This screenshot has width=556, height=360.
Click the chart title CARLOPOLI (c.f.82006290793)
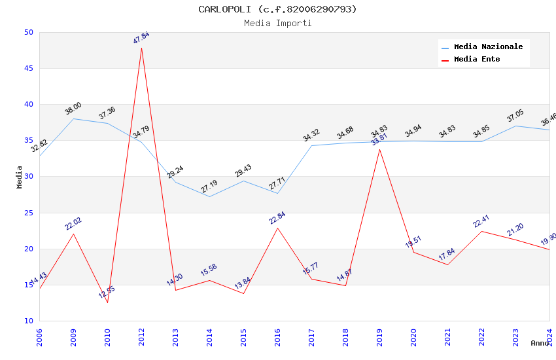point(277,9)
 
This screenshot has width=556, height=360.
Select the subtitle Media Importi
point(277,23)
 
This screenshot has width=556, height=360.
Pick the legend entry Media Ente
point(477,60)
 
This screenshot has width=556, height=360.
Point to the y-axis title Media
point(20,177)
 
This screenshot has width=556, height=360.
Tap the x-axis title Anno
point(540,343)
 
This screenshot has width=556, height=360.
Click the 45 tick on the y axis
point(28,68)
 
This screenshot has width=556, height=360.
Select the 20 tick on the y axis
point(28,249)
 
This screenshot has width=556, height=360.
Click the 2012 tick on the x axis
point(141,336)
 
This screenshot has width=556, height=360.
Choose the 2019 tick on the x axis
point(379,336)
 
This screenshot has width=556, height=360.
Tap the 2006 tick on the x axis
point(39,336)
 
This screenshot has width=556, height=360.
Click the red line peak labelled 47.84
point(141,48)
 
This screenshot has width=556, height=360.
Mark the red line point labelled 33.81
point(379,149)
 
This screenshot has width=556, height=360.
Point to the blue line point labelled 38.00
point(73,118)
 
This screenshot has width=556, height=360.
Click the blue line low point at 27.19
point(209,196)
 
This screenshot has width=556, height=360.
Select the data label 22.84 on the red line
point(277,218)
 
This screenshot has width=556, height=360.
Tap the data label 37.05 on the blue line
point(515,117)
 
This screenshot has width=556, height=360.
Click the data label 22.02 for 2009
point(73,224)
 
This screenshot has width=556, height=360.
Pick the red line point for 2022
point(481,231)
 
